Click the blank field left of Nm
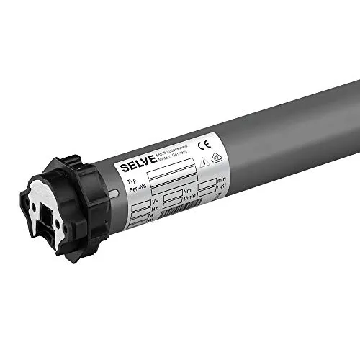pos(174,197)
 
